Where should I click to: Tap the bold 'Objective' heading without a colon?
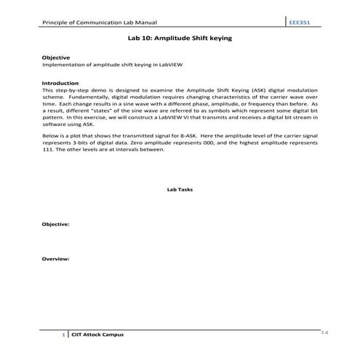tap(55, 57)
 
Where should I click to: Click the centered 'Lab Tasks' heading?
tap(180, 191)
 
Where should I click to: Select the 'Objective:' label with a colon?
tap(56, 224)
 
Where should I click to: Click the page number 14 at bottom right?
tap(324, 332)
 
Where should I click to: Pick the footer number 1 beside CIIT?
tap(64, 335)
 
